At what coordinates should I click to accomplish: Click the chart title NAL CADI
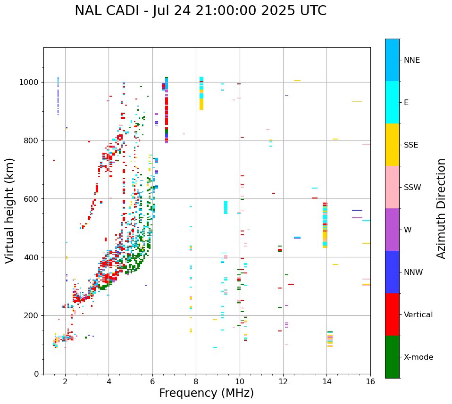click(200, 11)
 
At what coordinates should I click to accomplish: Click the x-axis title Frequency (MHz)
click(206, 393)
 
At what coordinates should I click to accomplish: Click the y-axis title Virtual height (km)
click(10, 211)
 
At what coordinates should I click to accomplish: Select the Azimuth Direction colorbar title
click(441, 208)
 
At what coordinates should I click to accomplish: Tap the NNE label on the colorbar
click(411, 60)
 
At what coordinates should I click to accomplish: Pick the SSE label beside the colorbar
click(410, 145)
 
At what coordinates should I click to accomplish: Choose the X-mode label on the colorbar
click(418, 357)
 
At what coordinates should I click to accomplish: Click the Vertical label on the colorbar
click(418, 315)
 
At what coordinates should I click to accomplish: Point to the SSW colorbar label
click(412, 188)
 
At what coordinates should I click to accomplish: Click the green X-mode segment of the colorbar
click(392, 357)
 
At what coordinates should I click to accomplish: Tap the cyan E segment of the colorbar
click(392, 102)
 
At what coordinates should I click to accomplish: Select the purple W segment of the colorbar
click(392, 230)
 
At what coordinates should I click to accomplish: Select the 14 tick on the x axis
click(326, 382)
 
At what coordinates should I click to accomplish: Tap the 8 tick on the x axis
click(196, 382)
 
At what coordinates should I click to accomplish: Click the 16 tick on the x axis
click(370, 382)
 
